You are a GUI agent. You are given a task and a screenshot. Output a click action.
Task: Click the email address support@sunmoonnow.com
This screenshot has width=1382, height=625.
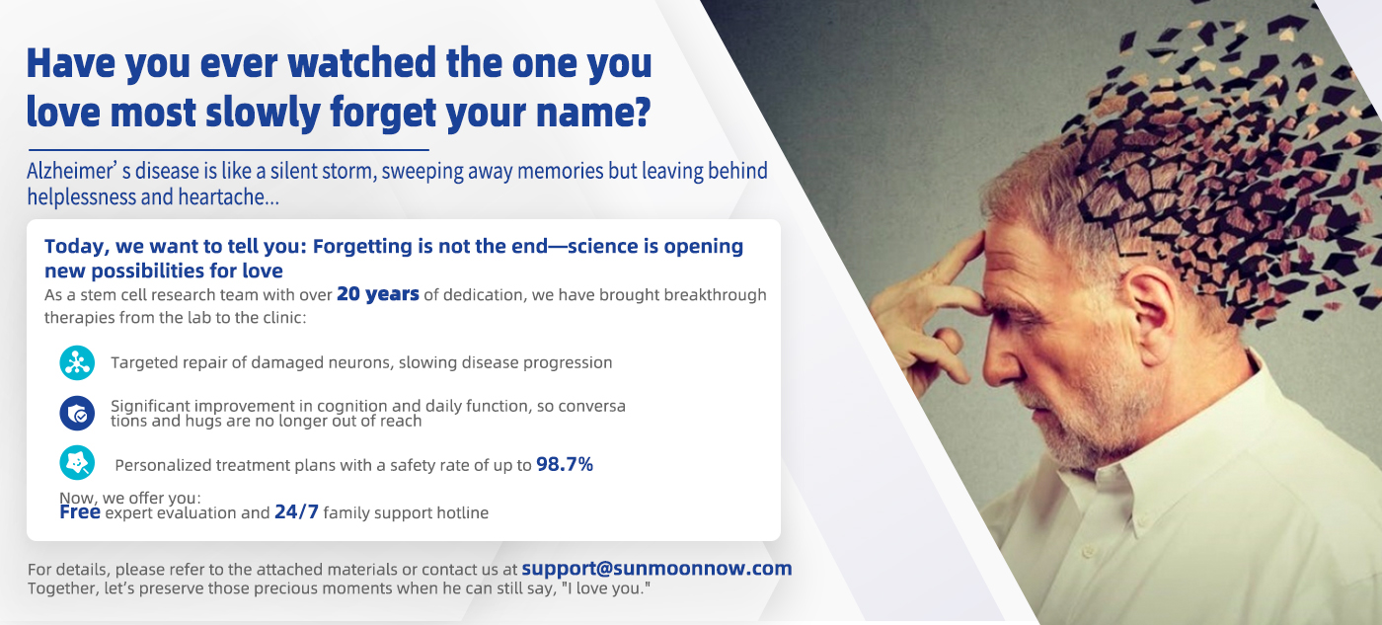coord(656,569)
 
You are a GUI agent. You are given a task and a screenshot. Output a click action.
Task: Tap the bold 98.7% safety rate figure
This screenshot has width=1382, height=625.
coord(565,464)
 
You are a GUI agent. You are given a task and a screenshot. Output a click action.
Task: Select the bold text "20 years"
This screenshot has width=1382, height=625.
coord(377,294)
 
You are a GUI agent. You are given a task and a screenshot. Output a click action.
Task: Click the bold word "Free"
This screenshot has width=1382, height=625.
coord(80,512)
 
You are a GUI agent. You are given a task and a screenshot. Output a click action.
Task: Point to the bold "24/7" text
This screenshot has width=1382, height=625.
coord(297,512)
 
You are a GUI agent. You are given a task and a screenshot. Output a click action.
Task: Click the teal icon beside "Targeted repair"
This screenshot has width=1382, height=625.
coord(77,362)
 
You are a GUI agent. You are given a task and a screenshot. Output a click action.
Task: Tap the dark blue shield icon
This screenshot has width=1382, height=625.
coord(77,413)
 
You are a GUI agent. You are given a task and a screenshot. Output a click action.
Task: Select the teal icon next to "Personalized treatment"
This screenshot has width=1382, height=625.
coord(77,463)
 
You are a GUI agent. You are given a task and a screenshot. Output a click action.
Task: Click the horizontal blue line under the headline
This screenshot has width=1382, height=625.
coord(228,149)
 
